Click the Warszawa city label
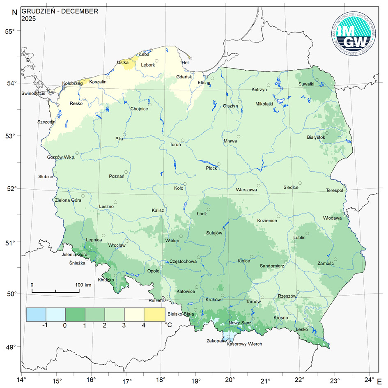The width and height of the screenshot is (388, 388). (246, 190)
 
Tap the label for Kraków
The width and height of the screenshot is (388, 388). (213, 300)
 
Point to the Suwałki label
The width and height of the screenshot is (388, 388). (306, 84)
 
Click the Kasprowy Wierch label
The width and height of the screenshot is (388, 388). (244, 344)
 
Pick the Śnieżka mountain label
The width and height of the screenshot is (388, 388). (77, 264)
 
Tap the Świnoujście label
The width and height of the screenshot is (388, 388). (33, 94)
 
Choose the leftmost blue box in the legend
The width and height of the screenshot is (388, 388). (36, 315)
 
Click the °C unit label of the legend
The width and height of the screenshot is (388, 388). (168, 325)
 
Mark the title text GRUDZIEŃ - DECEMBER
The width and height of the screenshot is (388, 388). (60, 11)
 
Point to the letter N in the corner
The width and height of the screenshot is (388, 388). (14, 12)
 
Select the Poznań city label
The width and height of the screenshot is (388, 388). (117, 176)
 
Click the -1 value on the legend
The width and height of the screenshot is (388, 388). (45, 325)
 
